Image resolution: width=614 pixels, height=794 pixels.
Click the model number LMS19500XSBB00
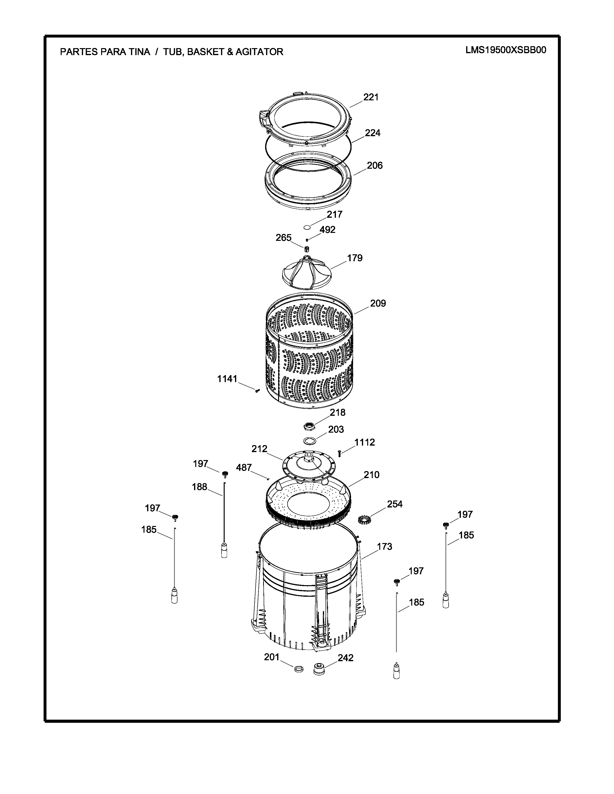[506, 50]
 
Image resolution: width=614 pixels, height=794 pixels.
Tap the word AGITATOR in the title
[259, 52]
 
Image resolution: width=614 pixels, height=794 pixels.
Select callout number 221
[371, 97]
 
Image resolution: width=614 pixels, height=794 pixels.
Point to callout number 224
[373, 133]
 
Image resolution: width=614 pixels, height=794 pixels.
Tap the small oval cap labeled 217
[307, 227]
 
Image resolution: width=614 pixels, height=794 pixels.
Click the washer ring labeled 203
[309, 440]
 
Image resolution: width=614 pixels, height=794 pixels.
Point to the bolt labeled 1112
[339, 453]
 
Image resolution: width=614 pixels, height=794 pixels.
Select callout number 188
[199, 487]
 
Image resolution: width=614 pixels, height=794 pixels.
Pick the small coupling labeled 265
[307, 249]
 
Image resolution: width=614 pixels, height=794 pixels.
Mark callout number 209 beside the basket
[378, 303]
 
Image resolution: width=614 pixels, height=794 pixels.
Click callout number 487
[244, 467]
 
